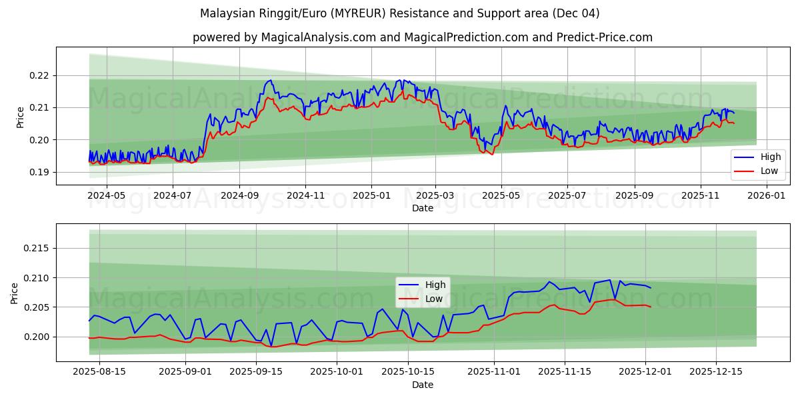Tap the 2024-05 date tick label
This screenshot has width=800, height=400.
pyautogui.click(x=107, y=196)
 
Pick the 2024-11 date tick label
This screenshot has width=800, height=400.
pyautogui.click(x=305, y=196)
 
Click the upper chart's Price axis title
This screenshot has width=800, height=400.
pyautogui.click(x=21, y=117)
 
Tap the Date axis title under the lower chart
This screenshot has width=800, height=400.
pyautogui.click(x=423, y=385)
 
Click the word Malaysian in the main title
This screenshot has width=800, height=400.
pyautogui.click(x=225, y=13)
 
